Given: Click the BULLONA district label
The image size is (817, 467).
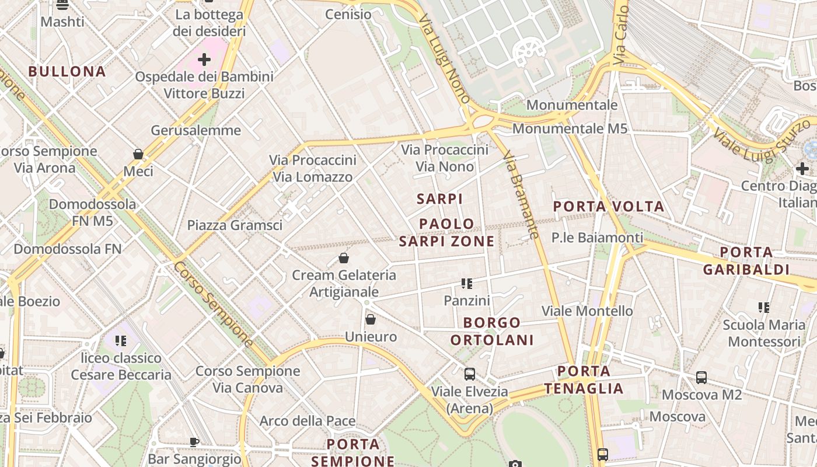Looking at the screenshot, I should click(67, 72).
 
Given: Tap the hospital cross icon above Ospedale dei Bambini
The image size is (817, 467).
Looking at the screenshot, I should click(204, 59).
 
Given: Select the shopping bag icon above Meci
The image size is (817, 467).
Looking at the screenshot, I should click(138, 154).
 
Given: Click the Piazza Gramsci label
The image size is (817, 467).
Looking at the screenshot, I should click(235, 225).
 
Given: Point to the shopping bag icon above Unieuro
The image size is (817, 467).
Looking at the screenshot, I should click(370, 319).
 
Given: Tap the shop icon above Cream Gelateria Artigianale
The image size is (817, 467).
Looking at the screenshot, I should click(344, 258).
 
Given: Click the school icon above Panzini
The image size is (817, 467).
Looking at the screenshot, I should click(466, 284).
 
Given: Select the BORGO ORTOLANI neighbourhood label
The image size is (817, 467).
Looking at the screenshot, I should click(492, 331).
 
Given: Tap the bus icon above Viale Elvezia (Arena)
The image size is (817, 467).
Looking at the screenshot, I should click(469, 374).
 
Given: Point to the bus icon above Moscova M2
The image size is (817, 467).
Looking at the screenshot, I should click(701, 378).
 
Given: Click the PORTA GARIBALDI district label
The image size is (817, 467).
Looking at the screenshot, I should click(746, 261).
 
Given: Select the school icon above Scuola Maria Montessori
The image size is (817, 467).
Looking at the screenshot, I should click(763, 307).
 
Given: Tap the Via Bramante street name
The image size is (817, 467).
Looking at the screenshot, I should click(520, 195).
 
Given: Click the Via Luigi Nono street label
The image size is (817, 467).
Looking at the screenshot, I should click(445, 58).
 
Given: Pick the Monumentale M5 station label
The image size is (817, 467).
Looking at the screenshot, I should click(570, 128).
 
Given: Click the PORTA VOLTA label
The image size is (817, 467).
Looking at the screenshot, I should click(609, 206).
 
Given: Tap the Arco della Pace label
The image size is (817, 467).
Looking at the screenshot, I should click(308, 421).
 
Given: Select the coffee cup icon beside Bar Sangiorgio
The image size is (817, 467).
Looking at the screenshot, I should click(194, 442).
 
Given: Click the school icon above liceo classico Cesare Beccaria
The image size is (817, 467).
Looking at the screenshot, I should click(121, 340).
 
